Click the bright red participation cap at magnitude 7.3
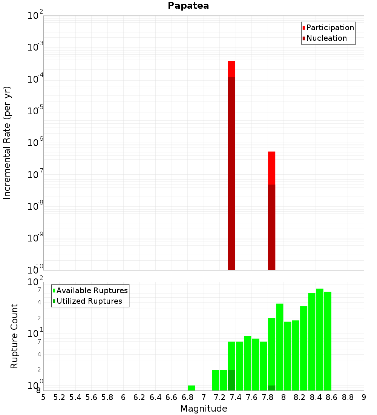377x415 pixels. coord(231,69)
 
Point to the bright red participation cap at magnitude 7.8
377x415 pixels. coord(271,168)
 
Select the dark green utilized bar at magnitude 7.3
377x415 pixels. coord(231,380)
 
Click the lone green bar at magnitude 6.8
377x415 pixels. coord(192,388)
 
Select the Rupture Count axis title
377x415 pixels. coord(14,336)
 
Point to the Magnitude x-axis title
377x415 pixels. coord(204,409)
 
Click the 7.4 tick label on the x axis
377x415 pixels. coord(235,397)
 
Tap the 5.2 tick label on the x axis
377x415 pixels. coord(59,397)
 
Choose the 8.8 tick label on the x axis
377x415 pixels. coord(348,397)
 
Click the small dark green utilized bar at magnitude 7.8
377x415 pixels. coord(271,388)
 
